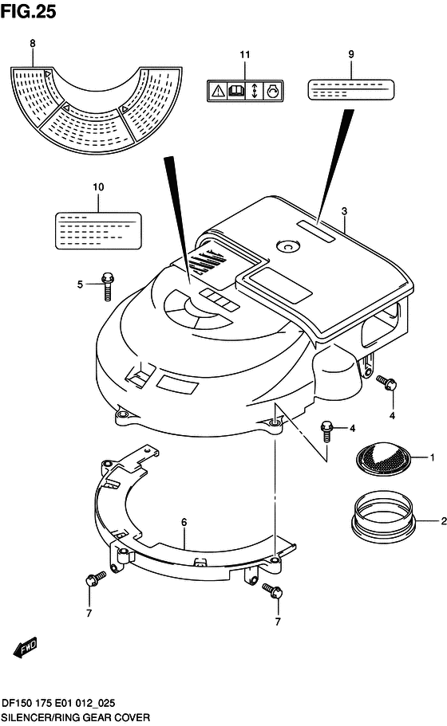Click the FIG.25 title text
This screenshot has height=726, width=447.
[28, 11]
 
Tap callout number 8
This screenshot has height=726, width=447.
[33, 44]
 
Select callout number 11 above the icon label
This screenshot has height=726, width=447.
[245, 55]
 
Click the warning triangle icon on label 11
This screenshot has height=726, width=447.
[218, 91]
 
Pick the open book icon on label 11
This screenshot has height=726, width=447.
[236, 91]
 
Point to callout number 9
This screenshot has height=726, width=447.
[351, 54]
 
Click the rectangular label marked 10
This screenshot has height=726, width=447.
[98, 230]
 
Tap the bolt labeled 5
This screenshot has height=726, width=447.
[107, 286]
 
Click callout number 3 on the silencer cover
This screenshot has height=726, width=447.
[344, 211]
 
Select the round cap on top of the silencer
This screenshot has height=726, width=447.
[288, 246]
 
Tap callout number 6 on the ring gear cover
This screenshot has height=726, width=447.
[184, 522]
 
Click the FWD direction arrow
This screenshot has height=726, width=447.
[25, 647]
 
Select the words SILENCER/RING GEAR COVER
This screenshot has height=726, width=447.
[76, 717]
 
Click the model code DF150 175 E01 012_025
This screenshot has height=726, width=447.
[58, 704]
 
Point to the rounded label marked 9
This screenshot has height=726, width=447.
[351, 89]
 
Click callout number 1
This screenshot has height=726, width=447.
[432, 457]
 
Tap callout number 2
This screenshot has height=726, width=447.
[444, 521]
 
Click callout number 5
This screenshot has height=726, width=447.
[80, 285]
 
